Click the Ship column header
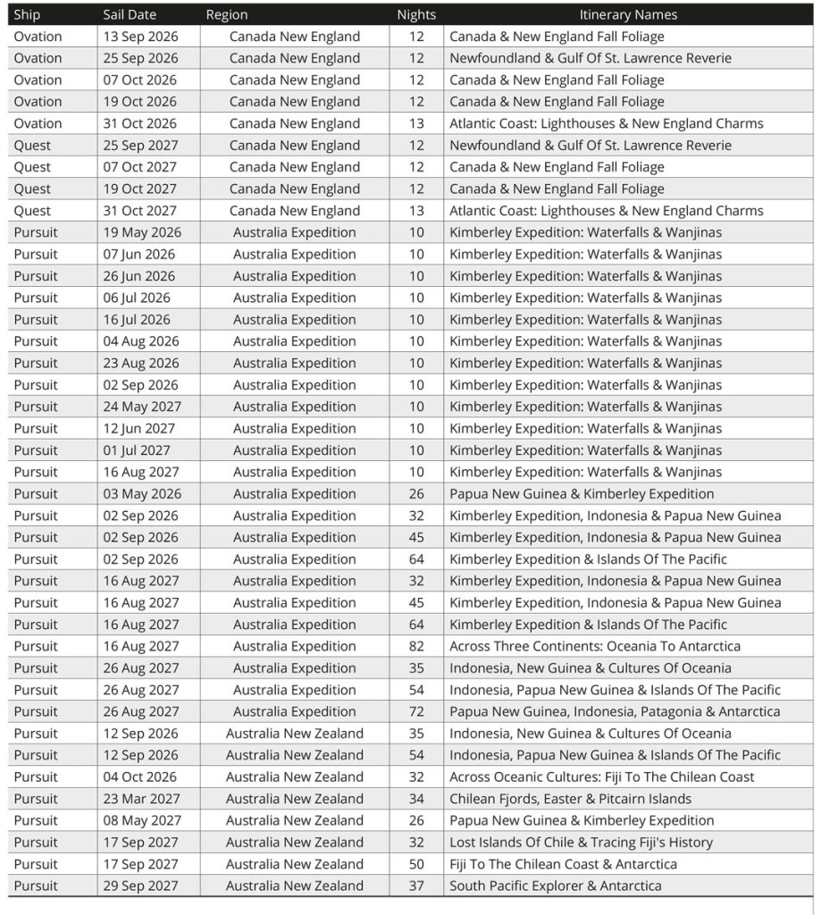click(x=28, y=14)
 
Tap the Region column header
click(x=227, y=14)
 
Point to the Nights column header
click(x=416, y=14)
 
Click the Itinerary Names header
click(x=628, y=14)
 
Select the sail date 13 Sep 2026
click(x=140, y=37)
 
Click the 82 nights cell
click(x=416, y=646)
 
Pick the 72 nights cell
click(x=416, y=711)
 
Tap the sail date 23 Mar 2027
click(x=141, y=799)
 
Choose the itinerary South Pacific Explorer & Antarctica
click(x=555, y=886)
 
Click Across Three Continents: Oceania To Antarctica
click(x=594, y=646)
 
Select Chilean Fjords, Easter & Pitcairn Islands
click(x=570, y=799)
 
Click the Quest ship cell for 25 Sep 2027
click(x=32, y=146)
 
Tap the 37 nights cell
click(x=416, y=886)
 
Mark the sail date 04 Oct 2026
click(x=140, y=776)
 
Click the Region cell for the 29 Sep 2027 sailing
click(x=294, y=886)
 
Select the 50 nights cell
click(x=416, y=864)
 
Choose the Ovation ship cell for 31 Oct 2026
click(x=38, y=123)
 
